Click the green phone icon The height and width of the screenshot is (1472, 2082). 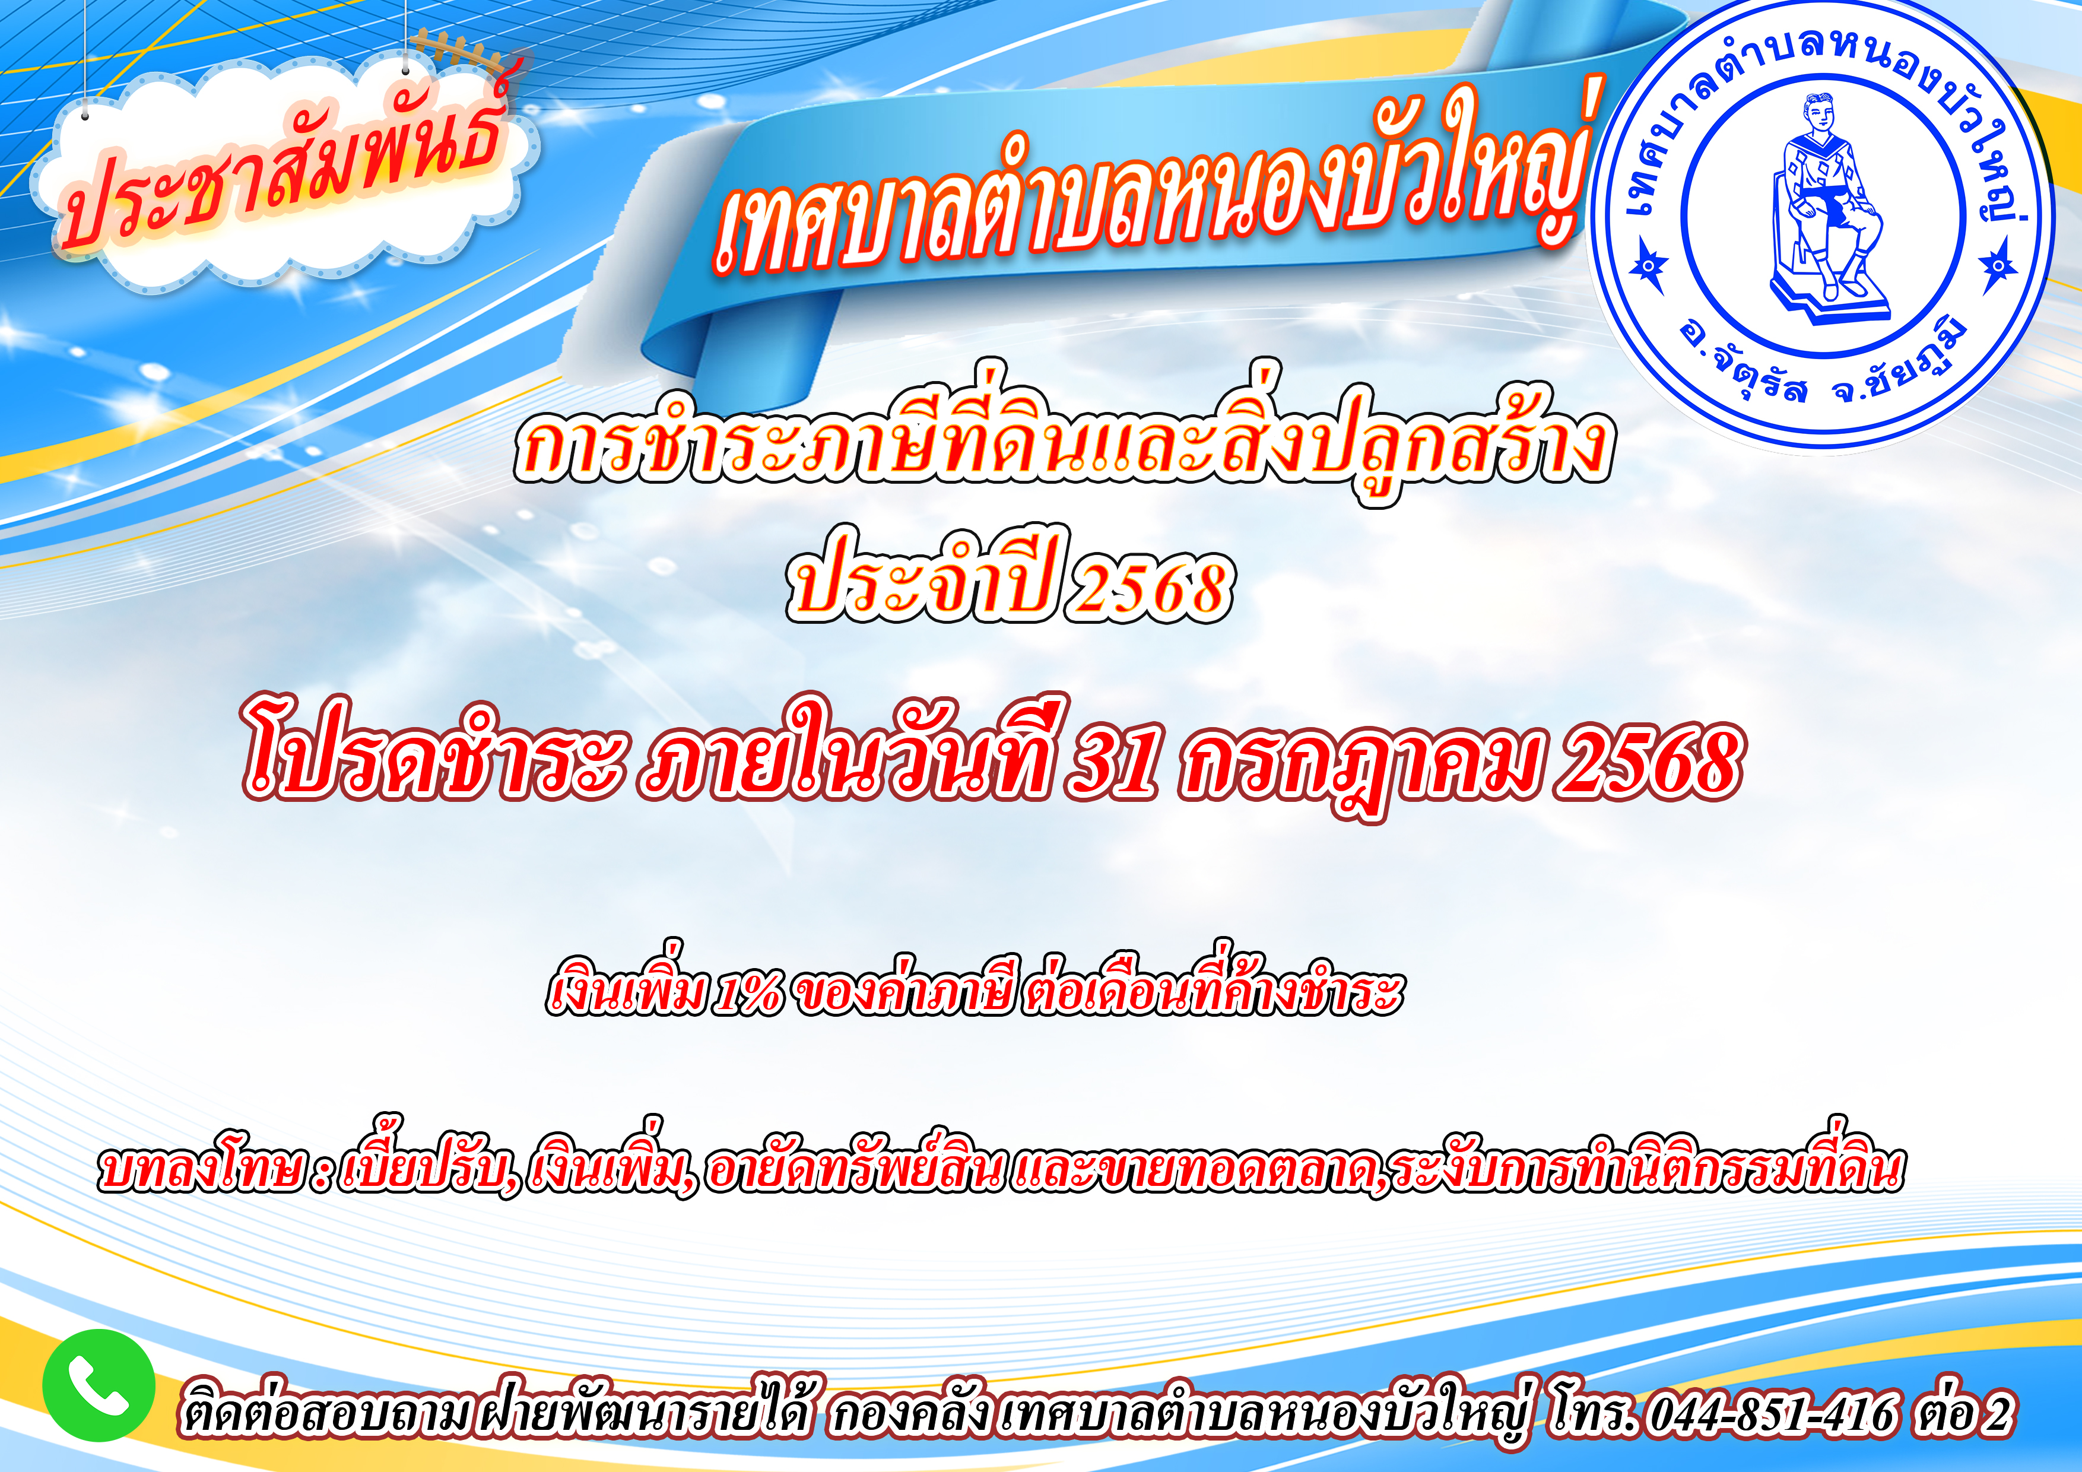pos(98,1384)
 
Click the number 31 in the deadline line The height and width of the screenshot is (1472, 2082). pos(1113,762)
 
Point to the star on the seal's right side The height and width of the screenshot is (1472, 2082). pos(1997,266)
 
